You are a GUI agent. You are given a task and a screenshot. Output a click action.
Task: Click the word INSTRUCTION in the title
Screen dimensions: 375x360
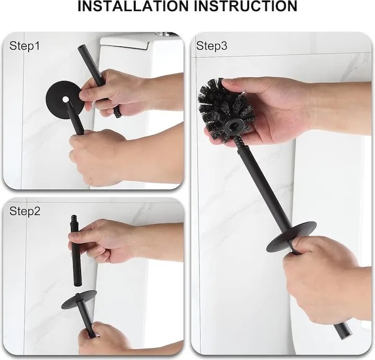coord(245,6)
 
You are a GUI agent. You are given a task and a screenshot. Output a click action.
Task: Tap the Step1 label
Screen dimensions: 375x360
coord(25,46)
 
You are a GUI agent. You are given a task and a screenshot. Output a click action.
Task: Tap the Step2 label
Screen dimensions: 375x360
coord(25,211)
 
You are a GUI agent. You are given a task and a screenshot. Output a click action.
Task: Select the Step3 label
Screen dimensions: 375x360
coord(212,45)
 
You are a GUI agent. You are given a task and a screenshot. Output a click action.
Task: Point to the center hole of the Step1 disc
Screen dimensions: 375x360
coord(65,99)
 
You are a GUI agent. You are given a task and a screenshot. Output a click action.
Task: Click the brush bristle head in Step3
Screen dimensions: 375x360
coord(226,109)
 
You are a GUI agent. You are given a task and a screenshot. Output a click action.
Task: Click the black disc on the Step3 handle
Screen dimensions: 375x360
coord(291,236)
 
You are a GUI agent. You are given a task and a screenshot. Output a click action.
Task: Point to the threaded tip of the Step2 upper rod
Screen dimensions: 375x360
coord(74,220)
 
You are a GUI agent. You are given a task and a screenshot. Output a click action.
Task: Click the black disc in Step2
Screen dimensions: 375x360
coord(79,299)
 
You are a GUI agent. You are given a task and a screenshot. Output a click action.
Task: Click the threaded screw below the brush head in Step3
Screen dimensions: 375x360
coord(239,142)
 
